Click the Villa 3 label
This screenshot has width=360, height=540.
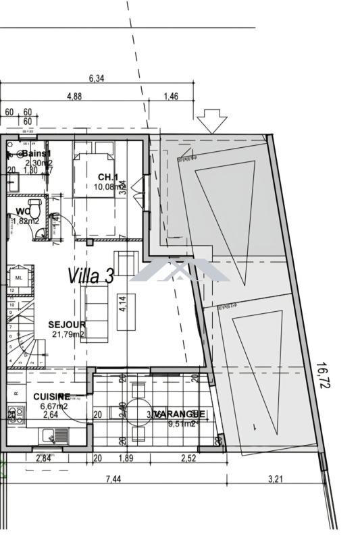pos(90,275)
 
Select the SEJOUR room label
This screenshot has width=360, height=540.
pos(67,325)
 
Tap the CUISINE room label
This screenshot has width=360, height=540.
pos(51,396)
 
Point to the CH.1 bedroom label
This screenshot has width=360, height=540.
pos(108,178)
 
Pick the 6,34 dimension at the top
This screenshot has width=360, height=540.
pos(97,79)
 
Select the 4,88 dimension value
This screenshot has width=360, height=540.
pos(74,97)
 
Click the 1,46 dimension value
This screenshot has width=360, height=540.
pos(171,97)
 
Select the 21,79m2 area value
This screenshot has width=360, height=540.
pos(68,334)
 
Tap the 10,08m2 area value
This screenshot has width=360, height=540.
pos(108,187)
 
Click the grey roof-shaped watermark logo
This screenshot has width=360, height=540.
pos(180,271)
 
